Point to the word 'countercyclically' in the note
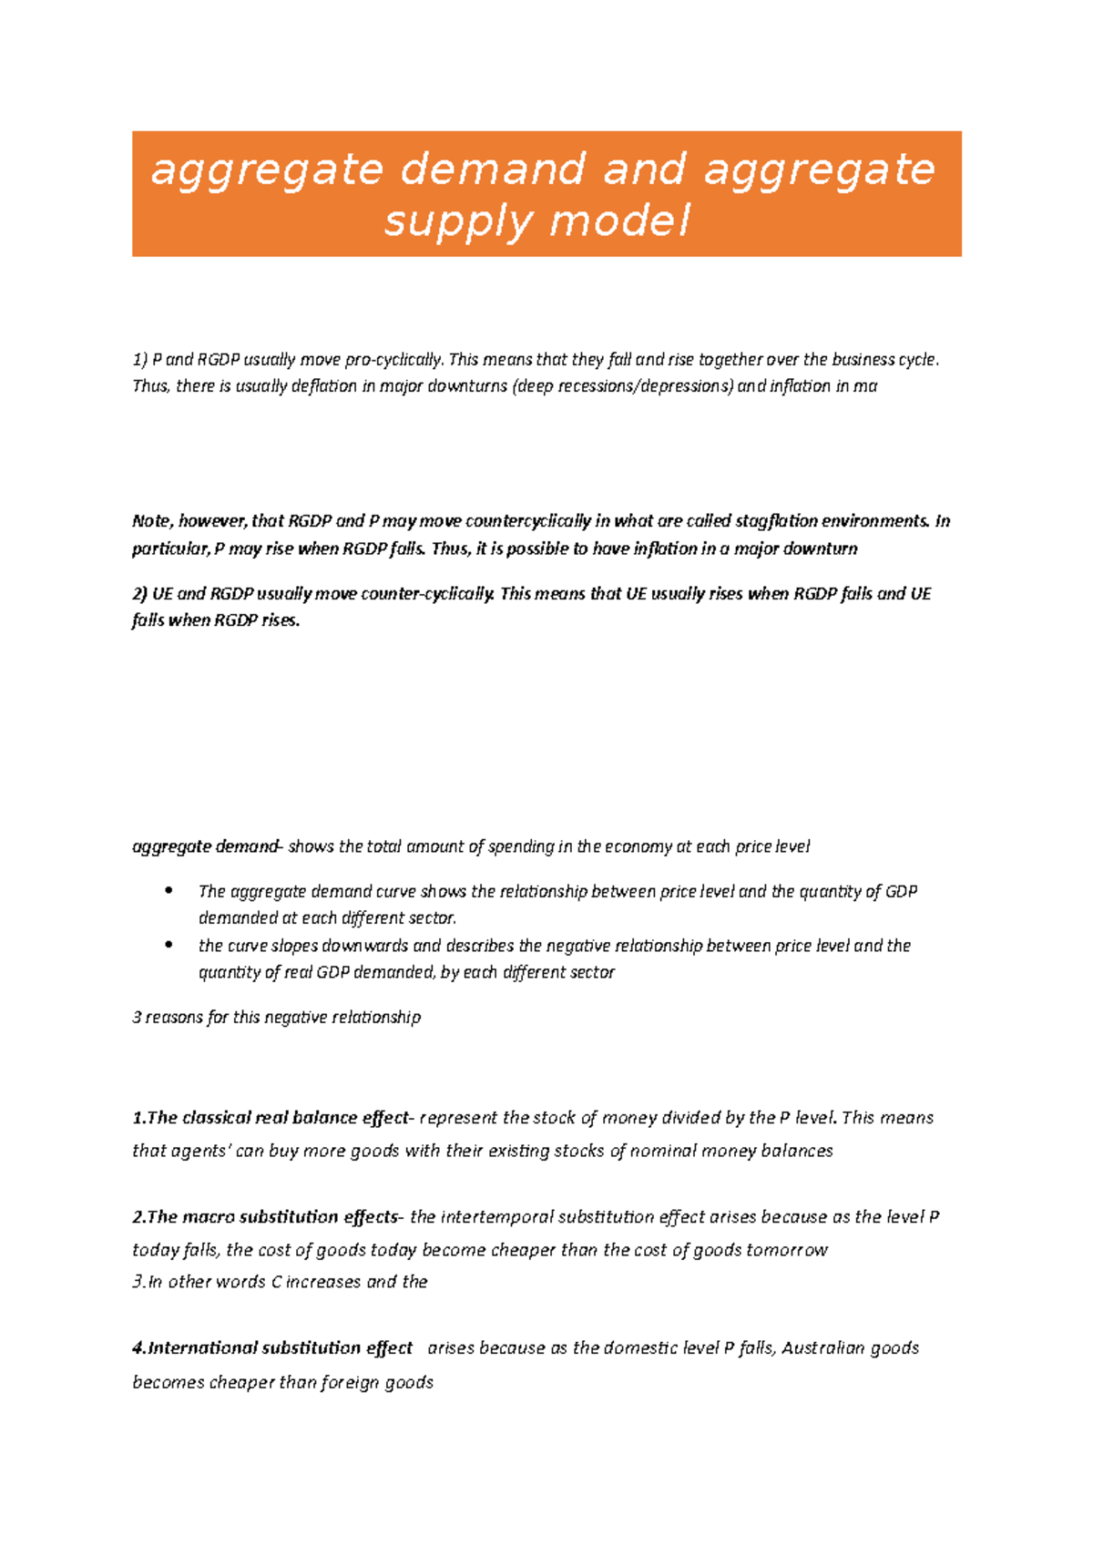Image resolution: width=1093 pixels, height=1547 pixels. [527, 521]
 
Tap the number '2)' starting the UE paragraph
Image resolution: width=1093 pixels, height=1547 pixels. [139, 594]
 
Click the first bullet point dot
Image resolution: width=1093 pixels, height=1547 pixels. [169, 891]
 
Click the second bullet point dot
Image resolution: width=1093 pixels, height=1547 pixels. [169, 945]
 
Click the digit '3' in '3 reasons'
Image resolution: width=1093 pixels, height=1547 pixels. [137, 1017]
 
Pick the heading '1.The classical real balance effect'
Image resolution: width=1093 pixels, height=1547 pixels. [271, 1118]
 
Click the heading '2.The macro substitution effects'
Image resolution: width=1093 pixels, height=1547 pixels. [265, 1217]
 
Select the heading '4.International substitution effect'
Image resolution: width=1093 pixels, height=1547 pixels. [272, 1348]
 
